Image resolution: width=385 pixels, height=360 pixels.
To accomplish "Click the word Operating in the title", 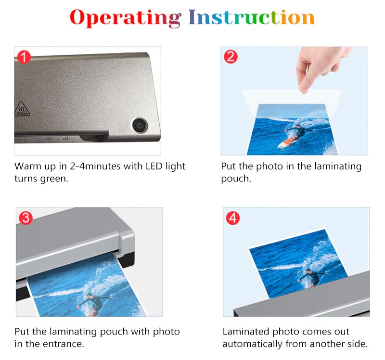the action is [126, 18].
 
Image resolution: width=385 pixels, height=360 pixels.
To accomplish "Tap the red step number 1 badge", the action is [24, 57].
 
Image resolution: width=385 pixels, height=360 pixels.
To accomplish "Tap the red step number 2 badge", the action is [231, 57].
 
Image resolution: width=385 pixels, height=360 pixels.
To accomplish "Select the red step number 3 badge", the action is [26, 218].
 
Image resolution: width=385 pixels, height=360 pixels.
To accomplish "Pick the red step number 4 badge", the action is [233, 218].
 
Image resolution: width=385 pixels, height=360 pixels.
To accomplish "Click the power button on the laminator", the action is [140, 126].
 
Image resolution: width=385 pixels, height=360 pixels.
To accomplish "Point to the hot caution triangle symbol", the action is [22, 109].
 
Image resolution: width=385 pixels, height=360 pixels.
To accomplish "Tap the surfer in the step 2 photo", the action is [296, 136].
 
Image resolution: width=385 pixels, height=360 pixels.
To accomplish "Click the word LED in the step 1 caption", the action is [154, 166].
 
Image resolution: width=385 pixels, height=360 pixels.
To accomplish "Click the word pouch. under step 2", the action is [236, 179].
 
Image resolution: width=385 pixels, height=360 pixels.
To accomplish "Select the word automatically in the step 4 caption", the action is [252, 344].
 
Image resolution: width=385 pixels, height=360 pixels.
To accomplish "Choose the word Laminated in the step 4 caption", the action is [246, 332].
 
